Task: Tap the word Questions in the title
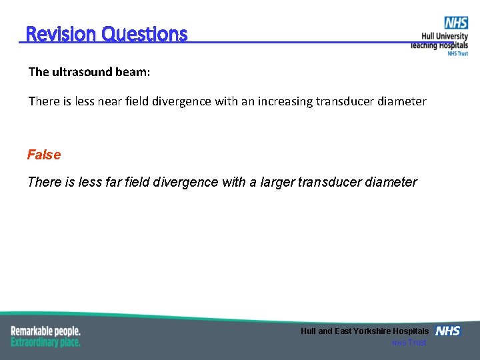pos(145,34)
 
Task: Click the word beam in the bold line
pos(132,72)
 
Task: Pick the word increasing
pos(285,101)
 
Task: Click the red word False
pos(44,155)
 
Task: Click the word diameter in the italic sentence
pos(392,182)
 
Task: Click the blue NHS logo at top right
pos(457,23)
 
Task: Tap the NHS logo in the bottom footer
pos(448,331)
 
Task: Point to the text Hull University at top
pos(444,37)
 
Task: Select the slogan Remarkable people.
pos(45,331)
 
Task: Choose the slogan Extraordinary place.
pos(45,342)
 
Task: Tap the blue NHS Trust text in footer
pos(409,343)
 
